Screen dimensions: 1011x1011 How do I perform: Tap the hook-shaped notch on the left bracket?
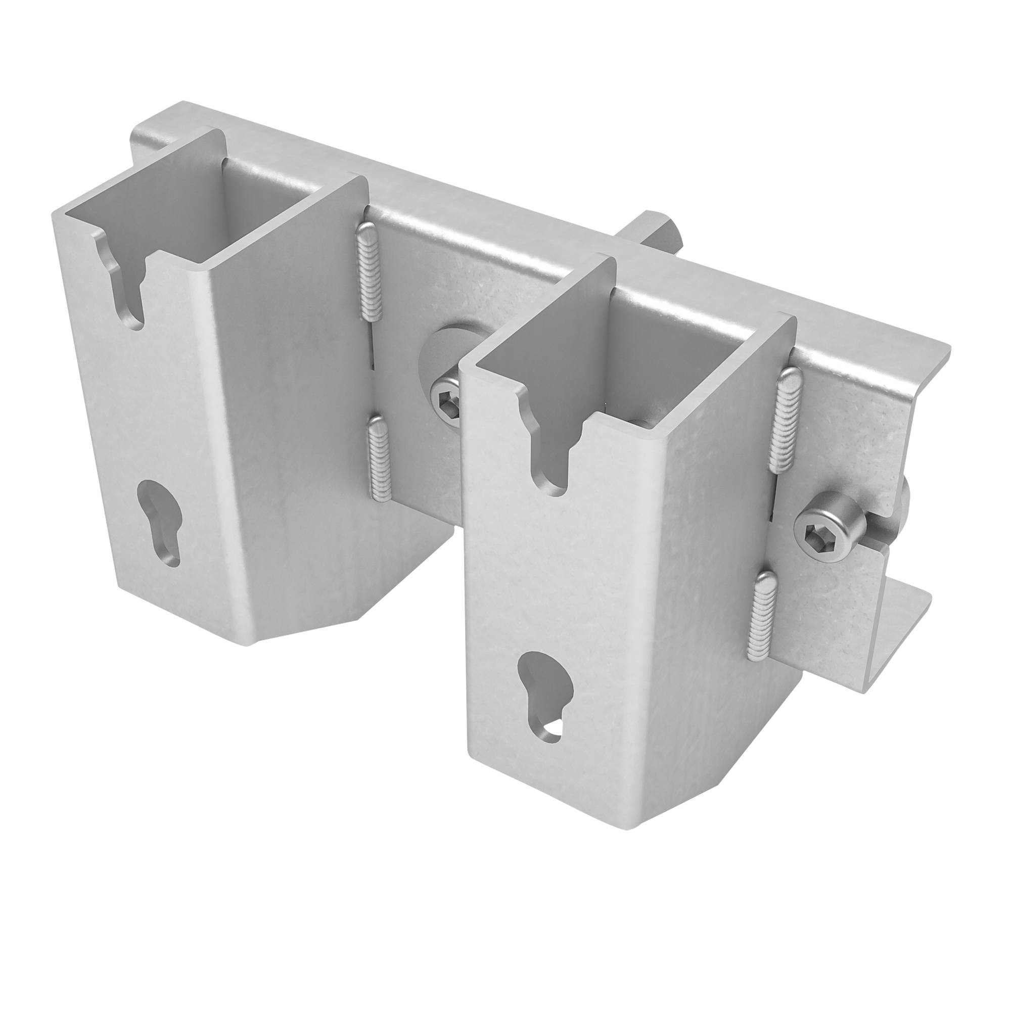(125, 285)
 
